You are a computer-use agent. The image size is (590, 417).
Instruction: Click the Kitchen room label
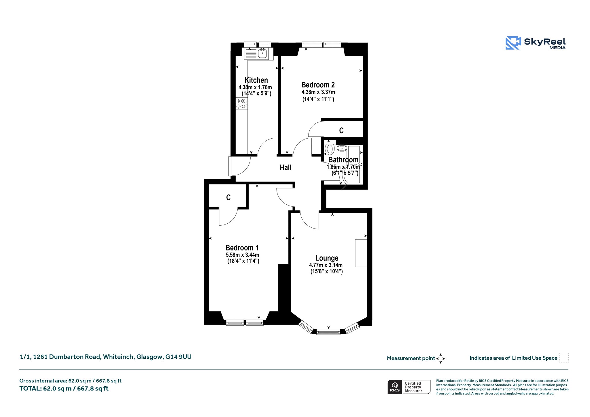coord(256,80)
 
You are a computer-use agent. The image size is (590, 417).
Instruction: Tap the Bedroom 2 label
coord(318,85)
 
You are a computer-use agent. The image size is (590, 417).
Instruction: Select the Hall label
coord(285,167)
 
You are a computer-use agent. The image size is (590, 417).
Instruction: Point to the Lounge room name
coord(327,258)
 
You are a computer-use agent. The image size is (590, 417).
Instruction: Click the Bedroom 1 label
coord(242,248)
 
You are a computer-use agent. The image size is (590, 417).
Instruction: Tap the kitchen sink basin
coord(262,53)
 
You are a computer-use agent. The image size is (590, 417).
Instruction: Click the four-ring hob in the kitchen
coord(241,104)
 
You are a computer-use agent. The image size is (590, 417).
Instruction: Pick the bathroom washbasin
coord(342,148)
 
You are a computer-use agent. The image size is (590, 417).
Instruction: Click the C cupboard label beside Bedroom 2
coord(341,131)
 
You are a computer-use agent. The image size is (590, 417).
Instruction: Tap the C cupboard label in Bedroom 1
coord(228,197)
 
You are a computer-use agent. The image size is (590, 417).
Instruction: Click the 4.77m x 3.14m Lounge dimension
coord(326,265)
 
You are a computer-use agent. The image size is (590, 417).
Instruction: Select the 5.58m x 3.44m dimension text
coord(243,255)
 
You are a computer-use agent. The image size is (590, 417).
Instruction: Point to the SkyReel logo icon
coord(513,43)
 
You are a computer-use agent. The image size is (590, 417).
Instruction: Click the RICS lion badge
coord(395,387)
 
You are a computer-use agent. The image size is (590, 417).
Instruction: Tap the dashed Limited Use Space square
coord(564,358)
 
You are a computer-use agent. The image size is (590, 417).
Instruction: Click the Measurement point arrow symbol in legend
coord(440,358)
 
